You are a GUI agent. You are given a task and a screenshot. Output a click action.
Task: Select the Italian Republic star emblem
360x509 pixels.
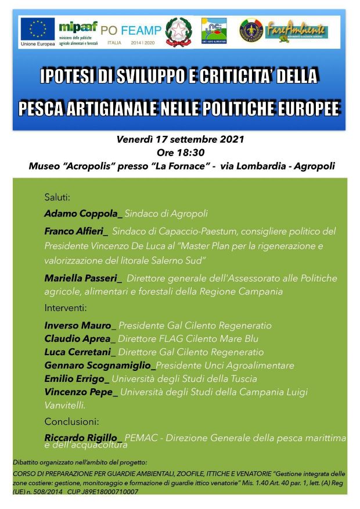tap(178, 31)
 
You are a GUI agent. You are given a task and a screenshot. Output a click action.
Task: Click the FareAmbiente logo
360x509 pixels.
tap(296, 31)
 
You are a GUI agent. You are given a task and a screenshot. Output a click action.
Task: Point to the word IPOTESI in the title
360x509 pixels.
tap(71, 76)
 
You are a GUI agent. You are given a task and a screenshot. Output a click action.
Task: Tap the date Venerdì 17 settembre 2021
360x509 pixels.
tap(180, 140)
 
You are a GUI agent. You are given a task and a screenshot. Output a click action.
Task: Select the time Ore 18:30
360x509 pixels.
tap(181, 153)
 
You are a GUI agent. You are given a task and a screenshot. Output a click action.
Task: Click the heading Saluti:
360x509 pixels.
tap(57, 197)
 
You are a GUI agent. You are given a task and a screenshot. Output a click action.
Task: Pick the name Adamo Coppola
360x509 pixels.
tap(82, 214)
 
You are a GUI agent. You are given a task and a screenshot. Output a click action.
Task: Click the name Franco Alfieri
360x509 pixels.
tap(75, 231)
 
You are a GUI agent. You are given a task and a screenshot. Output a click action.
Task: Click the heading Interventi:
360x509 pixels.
tap(66, 307)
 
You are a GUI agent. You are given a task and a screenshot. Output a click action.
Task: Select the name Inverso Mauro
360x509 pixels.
tap(78, 326)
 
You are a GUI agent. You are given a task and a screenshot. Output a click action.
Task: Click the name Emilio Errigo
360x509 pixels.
tap(75, 379)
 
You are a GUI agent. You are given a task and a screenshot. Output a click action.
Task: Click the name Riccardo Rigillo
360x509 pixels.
tap(82, 438)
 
